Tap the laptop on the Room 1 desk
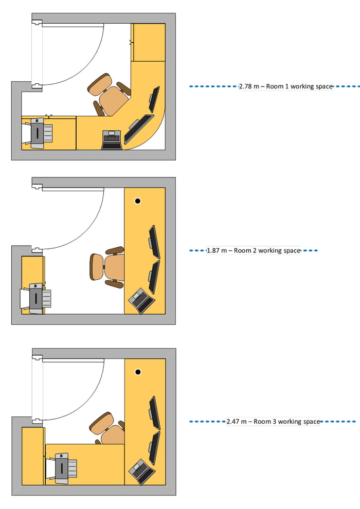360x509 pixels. pos(112,139)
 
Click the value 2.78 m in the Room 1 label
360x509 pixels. pos(249,86)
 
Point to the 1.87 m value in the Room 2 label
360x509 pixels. pos(216,250)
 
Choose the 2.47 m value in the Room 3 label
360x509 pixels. pos(236,422)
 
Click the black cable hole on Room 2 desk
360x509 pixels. pos(137,201)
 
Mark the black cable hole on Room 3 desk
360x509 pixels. pos(137,372)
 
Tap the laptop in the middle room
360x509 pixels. pos(140,300)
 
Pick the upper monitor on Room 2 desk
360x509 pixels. pos(154,242)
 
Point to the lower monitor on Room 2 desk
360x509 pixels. pos(154,277)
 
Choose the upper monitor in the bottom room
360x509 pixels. pos(154,412)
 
